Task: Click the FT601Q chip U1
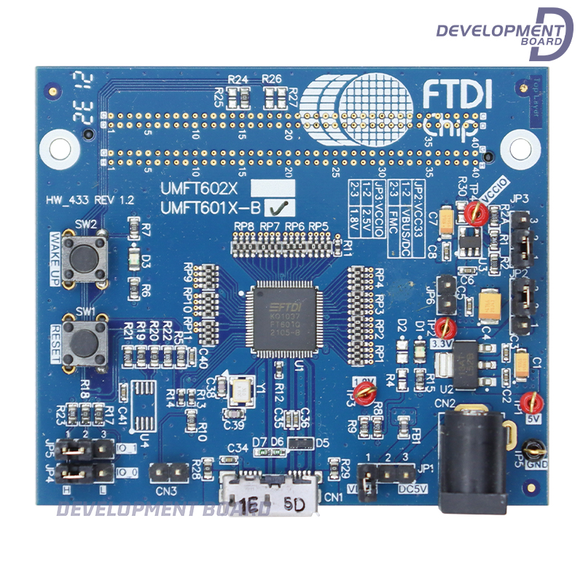click(284, 320)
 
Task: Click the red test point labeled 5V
click(533, 400)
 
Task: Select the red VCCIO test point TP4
click(476, 212)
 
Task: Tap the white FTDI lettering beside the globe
click(457, 94)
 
